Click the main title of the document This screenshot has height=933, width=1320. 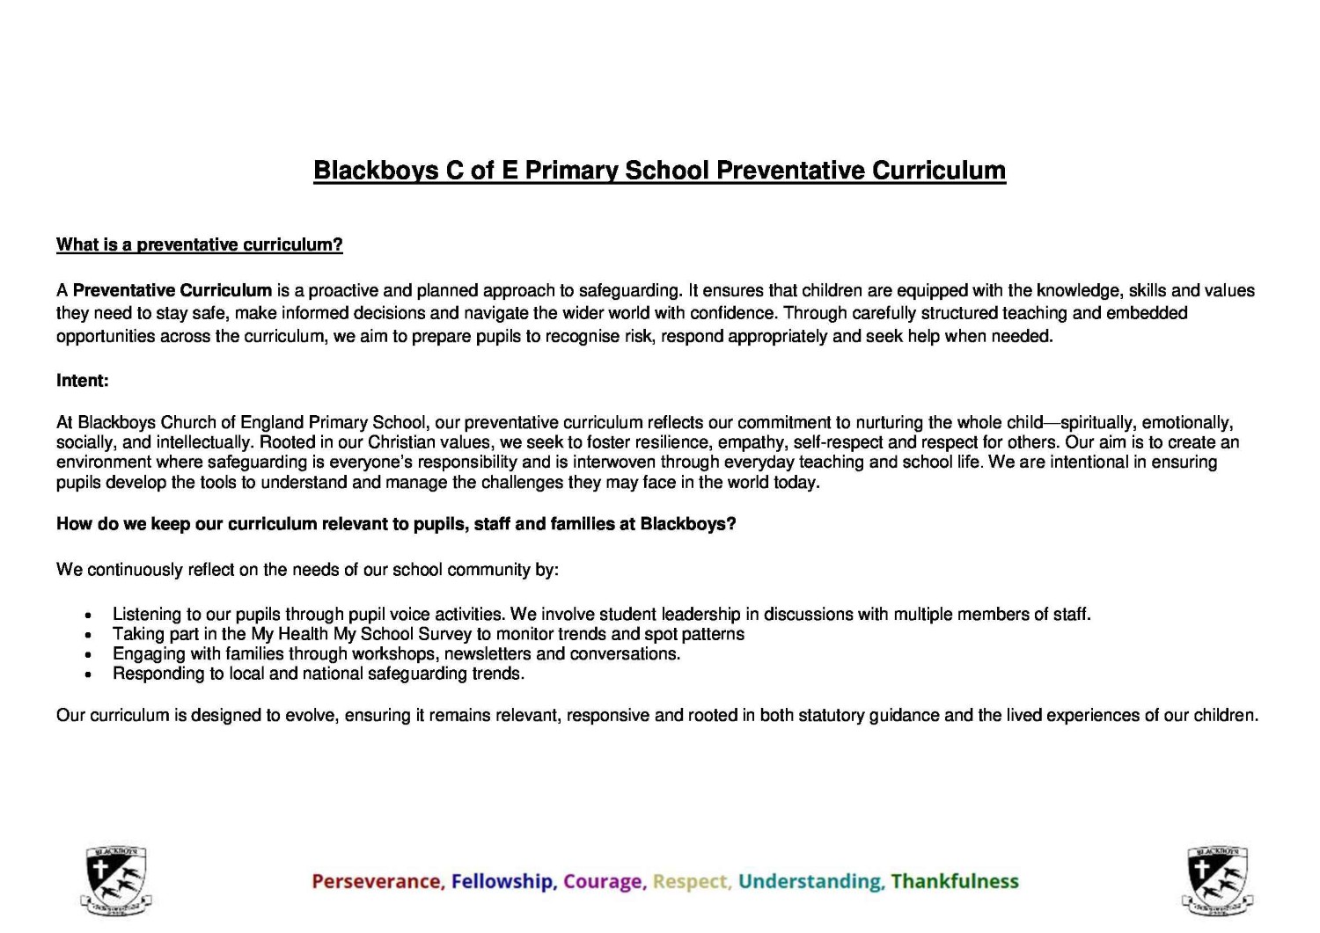click(x=659, y=170)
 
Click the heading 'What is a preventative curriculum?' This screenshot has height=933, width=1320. click(x=199, y=244)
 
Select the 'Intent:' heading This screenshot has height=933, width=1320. click(x=83, y=381)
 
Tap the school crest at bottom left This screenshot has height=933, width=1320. click(x=115, y=880)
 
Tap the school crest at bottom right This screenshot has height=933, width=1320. click(x=1217, y=880)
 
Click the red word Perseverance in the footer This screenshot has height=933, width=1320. click(x=378, y=881)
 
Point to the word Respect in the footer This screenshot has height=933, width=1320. click(x=692, y=881)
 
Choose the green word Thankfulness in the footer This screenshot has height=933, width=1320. click(x=955, y=881)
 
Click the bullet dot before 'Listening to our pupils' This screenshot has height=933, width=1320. click(x=88, y=616)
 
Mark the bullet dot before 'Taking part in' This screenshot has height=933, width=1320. click(x=88, y=636)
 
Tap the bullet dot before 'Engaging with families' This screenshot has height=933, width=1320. click(x=88, y=655)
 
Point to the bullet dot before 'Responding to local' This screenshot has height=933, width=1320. click(x=88, y=675)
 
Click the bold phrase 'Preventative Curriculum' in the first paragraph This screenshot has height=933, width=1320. click(x=172, y=290)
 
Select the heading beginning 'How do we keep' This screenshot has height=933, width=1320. click(x=396, y=524)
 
